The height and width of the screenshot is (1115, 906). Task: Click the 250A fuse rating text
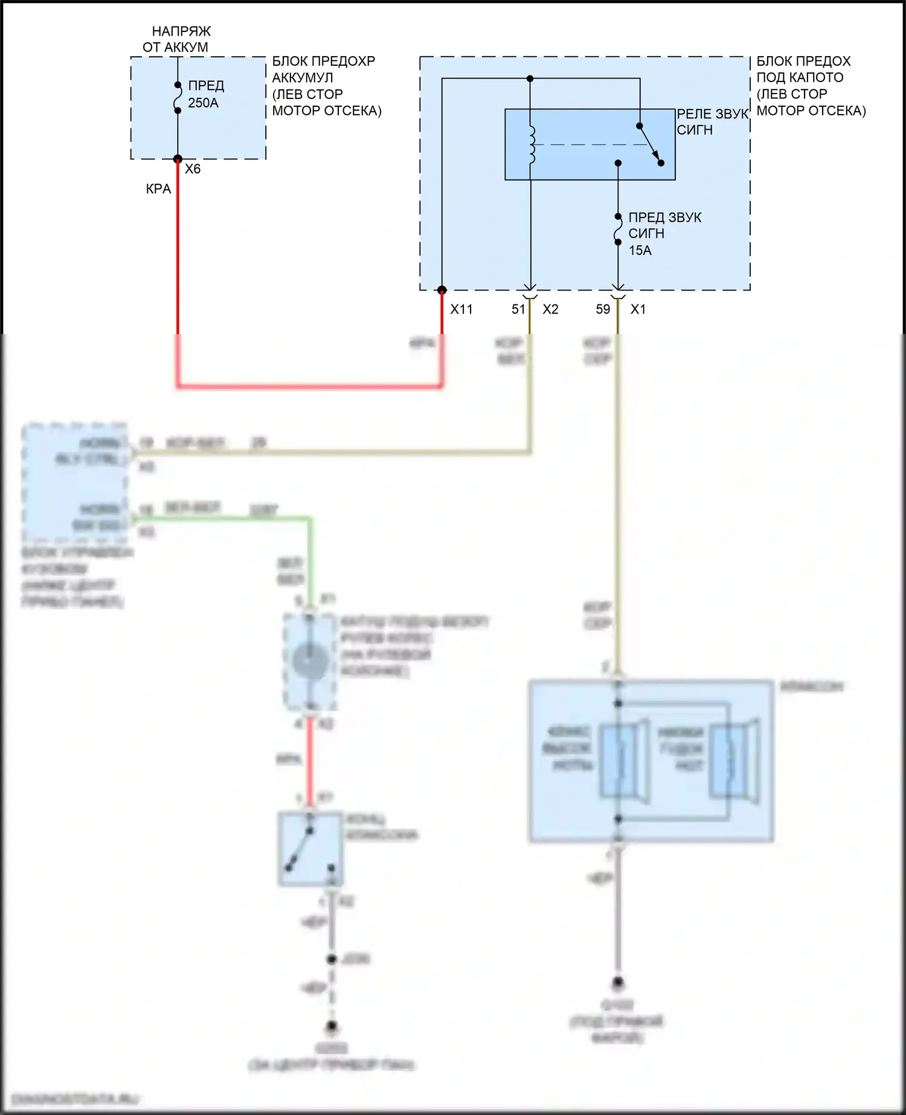203,103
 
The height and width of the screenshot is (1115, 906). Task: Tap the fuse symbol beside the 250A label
178,98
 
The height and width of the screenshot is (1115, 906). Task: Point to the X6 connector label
193,169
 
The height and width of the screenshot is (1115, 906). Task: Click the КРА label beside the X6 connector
158,189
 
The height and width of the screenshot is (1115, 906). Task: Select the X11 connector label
461,309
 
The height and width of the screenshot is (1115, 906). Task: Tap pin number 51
518,309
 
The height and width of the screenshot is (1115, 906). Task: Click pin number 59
603,309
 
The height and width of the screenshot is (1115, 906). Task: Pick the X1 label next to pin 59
638,309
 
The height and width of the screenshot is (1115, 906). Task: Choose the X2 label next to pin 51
550,309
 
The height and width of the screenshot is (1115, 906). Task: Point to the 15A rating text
640,250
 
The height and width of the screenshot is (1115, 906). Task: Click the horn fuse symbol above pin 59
618,230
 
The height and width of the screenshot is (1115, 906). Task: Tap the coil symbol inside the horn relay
532,145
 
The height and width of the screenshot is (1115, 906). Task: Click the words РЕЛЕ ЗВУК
712,114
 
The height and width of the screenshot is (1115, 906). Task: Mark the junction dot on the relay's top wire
530,79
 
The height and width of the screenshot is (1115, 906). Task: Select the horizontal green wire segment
223,519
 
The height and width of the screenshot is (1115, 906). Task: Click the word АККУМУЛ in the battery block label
302,78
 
